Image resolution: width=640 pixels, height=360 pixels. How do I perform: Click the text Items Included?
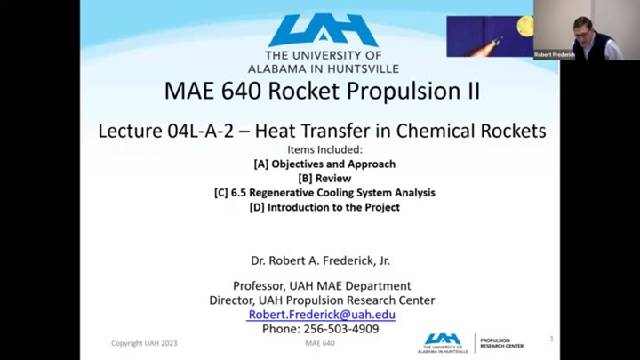[x=324, y=149]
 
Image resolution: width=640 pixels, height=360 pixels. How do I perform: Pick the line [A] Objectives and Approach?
[x=324, y=164]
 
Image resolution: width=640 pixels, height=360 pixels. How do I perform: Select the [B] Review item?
[x=324, y=178]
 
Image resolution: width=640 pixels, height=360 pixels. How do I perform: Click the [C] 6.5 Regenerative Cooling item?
[x=324, y=192]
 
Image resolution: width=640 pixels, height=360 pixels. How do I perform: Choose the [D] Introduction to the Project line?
[x=324, y=207]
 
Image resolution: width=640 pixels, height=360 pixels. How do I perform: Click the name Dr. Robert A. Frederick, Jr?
[x=321, y=260]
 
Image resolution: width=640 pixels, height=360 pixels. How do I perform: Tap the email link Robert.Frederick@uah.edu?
[x=322, y=315]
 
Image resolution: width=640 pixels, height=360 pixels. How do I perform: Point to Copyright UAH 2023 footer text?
[x=145, y=343]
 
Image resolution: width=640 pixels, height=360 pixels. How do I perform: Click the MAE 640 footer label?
[x=319, y=343]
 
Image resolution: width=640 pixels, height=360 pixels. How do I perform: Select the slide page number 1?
[x=551, y=339]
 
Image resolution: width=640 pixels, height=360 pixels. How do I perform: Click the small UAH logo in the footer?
[x=442, y=342]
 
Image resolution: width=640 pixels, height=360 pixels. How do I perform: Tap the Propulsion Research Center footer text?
[x=500, y=342]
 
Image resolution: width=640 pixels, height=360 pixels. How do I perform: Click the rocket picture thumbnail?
[x=489, y=36]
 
